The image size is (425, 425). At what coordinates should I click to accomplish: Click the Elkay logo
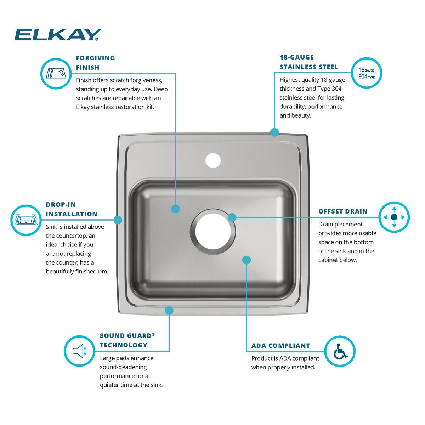click(58, 35)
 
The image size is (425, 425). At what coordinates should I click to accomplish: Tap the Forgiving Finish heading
click(95, 62)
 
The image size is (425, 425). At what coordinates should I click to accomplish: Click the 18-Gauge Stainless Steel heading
click(308, 62)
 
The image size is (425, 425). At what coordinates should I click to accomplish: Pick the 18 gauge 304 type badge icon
click(367, 73)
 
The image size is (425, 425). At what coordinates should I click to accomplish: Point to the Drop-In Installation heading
click(72, 209)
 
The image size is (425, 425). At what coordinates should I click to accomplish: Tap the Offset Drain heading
click(343, 211)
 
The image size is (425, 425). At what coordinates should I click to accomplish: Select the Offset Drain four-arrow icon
click(394, 217)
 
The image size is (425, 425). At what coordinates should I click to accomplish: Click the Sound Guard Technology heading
click(127, 340)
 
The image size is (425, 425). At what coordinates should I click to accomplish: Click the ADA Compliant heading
click(280, 346)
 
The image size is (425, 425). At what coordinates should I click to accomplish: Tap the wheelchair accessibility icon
click(340, 351)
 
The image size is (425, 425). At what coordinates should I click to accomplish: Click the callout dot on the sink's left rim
click(118, 220)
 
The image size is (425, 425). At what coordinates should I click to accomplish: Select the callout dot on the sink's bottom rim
click(169, 311)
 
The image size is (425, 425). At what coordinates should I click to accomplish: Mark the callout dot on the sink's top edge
click(274, 132)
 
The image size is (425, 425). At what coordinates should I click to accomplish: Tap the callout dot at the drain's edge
click(232, 217)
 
